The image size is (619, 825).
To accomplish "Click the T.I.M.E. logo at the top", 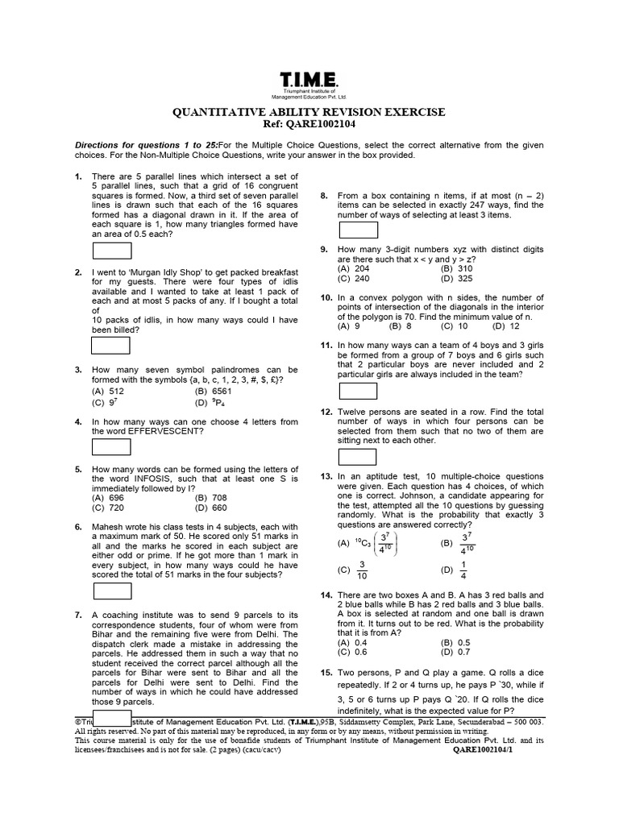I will click(x=309, y=81).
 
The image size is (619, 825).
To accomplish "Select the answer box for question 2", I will click(x=111, y=345).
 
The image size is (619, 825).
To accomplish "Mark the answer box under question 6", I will click(x=111, y=591).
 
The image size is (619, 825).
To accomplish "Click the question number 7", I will click(x=78, y=615).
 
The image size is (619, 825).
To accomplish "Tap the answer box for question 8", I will click(x=358, y=229).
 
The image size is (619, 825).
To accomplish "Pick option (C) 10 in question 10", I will click(x=451, y=327).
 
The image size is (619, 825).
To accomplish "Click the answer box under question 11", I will click(x=358, y=391).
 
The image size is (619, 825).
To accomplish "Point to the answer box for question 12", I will click(x=358, y=457).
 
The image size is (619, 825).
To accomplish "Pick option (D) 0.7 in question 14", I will click(x=455, y=652).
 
